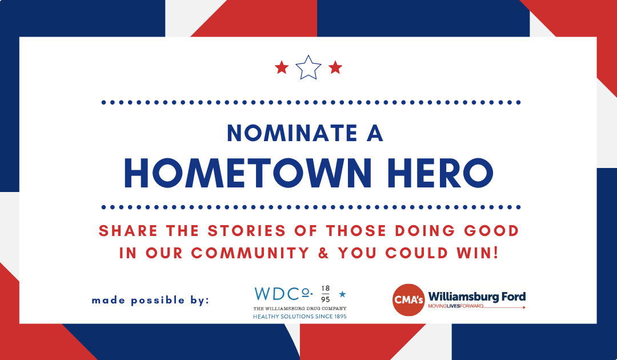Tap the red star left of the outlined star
282,67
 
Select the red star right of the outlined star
335,67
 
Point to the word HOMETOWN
248,173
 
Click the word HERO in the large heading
440,173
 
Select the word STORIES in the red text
247,231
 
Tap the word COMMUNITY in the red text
250,253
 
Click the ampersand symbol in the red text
323,253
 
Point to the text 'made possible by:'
150,301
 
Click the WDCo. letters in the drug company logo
283,294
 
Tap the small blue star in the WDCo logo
342,294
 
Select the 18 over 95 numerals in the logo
326,294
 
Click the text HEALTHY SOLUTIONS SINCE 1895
300,317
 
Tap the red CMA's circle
408,300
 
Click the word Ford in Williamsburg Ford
514,297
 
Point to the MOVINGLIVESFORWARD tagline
456,306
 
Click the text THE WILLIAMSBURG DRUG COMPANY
300,309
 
